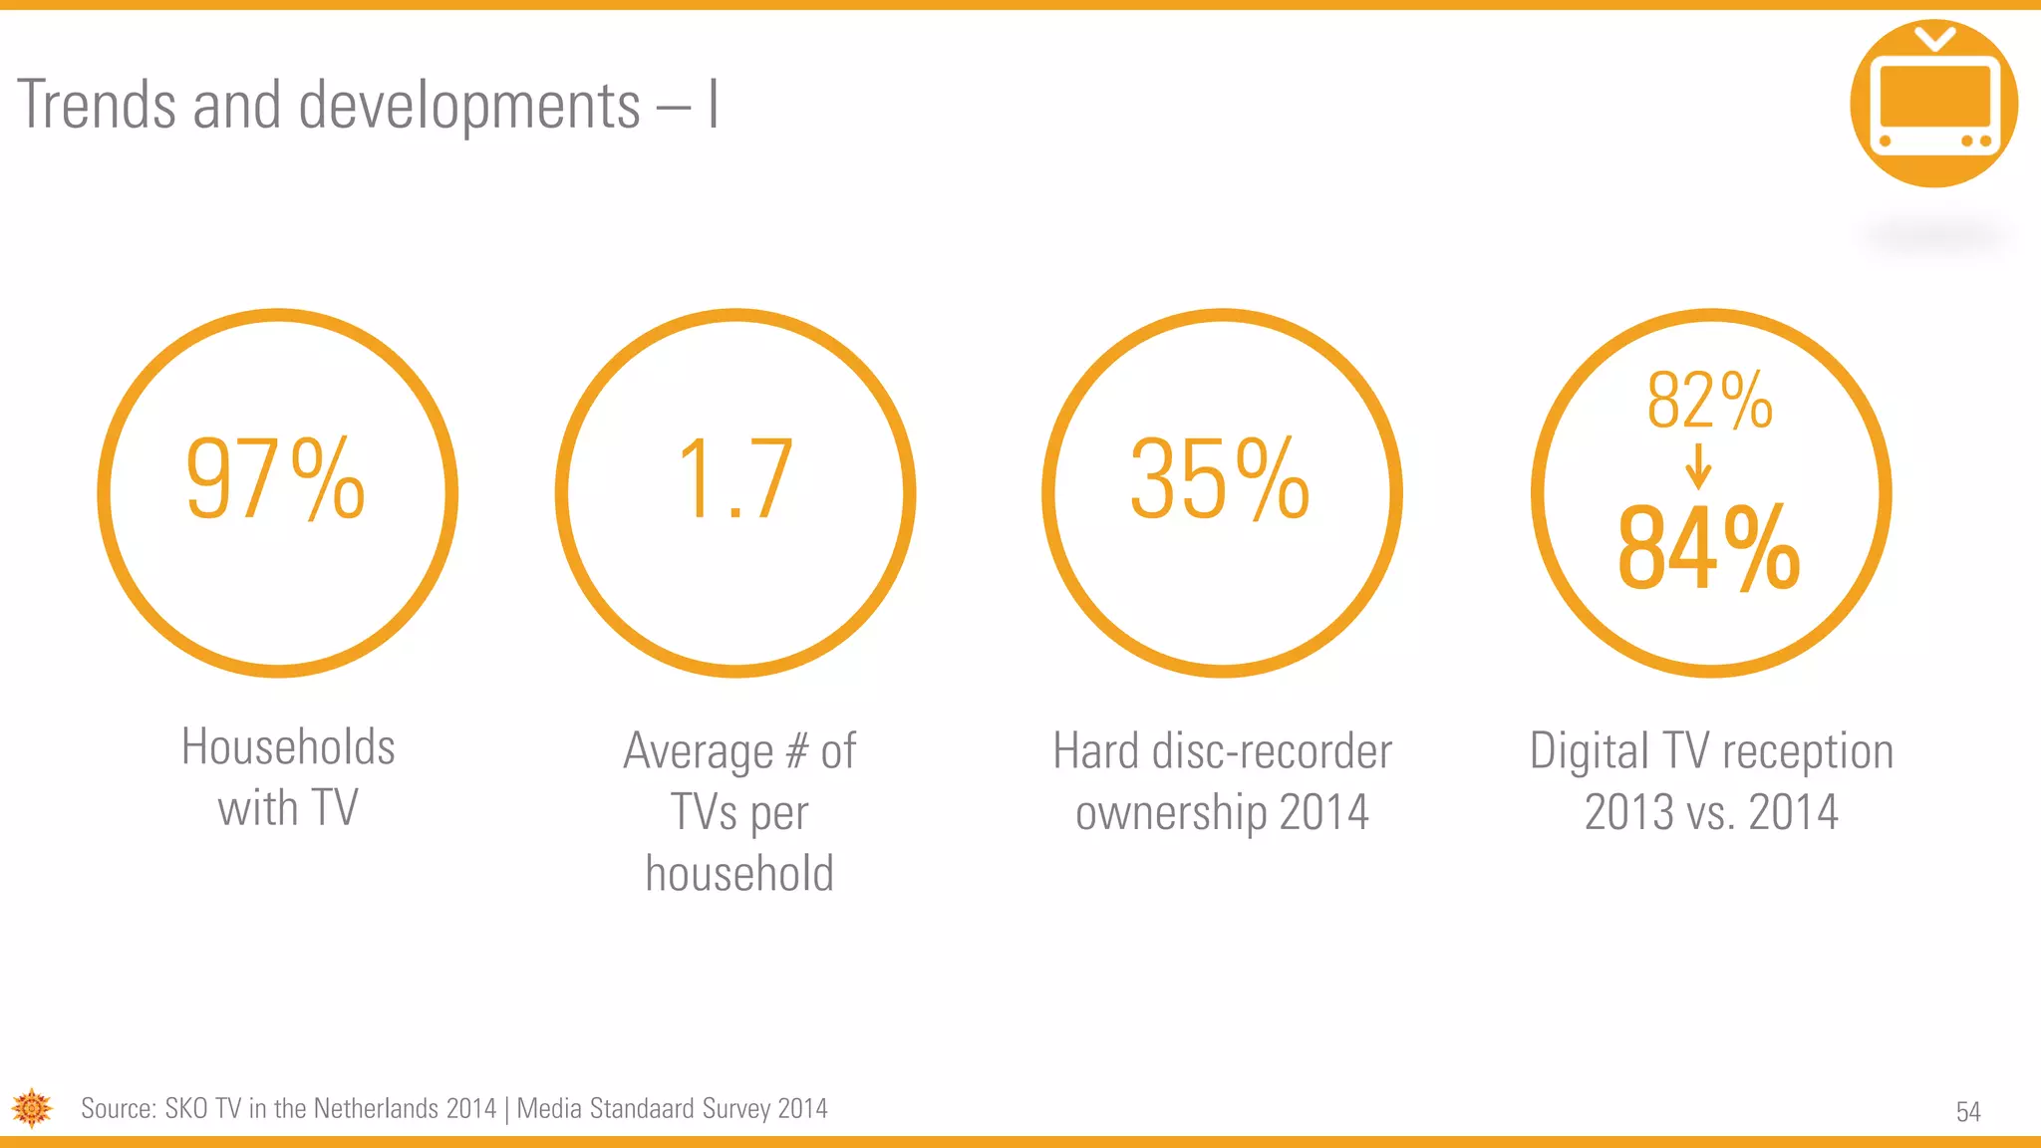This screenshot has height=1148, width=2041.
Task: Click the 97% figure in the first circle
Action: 276,479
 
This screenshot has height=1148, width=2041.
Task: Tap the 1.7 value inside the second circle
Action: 735,479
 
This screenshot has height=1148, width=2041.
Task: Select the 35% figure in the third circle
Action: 1220,479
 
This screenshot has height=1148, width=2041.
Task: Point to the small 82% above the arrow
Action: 1710,400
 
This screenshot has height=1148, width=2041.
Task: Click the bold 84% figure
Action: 1709,548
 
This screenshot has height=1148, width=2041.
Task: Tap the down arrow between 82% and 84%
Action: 1698,466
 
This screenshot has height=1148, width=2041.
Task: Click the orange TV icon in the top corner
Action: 1933,104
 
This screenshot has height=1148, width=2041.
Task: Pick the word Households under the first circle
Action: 288,746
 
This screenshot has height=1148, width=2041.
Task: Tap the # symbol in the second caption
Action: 796,750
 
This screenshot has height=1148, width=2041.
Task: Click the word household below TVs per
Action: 739,873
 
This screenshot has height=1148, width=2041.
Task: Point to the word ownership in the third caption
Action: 1171,813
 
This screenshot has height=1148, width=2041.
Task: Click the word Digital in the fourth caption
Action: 1590,751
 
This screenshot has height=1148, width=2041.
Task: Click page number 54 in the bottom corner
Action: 1968,1111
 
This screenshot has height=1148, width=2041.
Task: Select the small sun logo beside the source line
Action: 32,1108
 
